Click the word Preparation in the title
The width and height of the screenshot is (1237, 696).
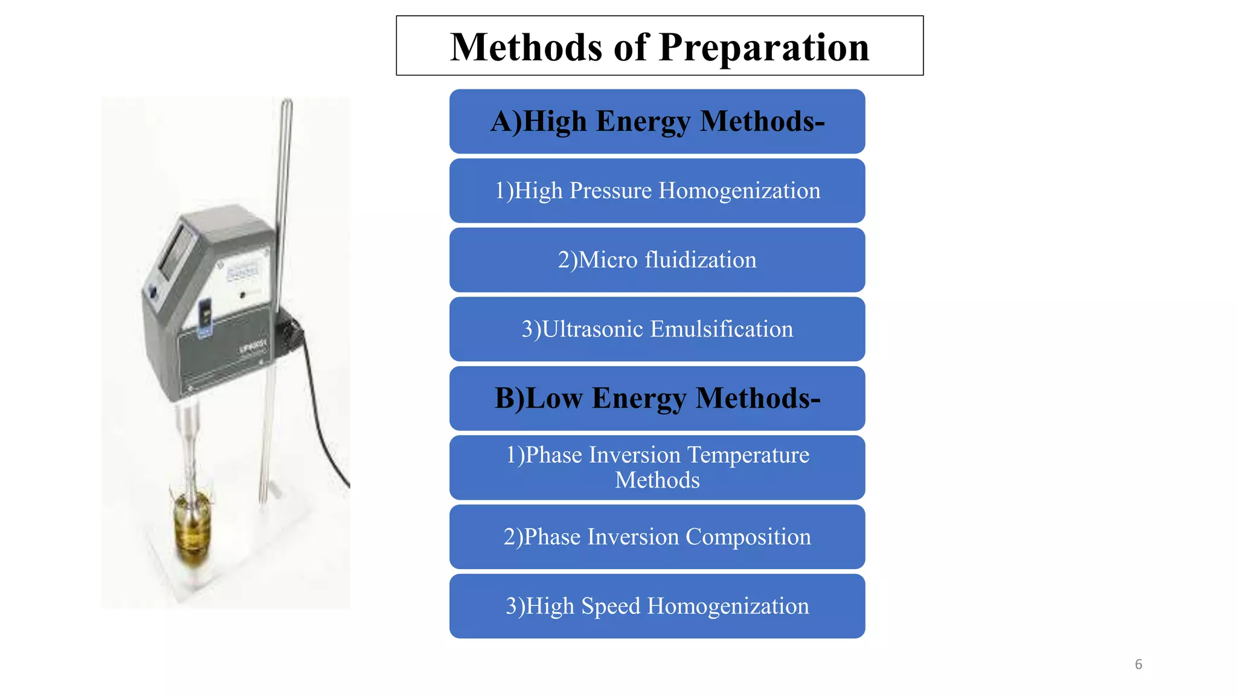[763, 47]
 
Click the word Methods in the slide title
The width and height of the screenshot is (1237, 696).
[526, 47]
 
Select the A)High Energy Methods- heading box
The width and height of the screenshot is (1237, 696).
[657, 121]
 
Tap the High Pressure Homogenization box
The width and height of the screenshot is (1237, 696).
[657, 191]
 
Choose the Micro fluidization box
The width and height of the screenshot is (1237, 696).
[657, 260]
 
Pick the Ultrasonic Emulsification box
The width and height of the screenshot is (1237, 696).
[657, 329]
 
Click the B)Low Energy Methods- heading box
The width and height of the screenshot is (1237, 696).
[657, 398]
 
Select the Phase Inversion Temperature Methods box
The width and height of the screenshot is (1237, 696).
[657, 468]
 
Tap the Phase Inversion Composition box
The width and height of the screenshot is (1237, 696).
[657, 537]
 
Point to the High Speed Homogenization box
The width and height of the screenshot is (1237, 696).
[657, 606]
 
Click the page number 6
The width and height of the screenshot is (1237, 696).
[1138, 665]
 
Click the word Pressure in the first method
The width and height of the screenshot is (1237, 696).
[610, 191]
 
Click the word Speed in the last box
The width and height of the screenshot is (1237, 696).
[610, 606]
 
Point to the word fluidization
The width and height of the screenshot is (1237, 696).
[701, 260]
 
